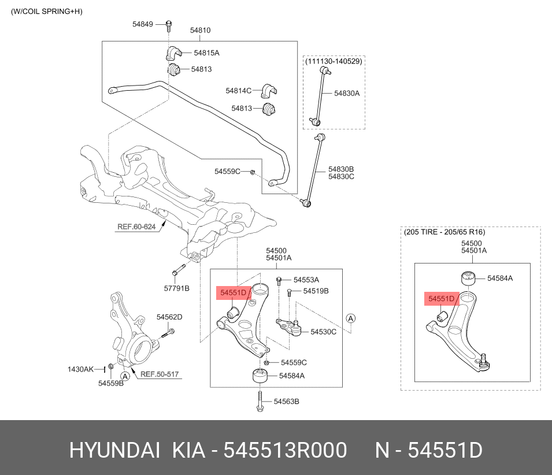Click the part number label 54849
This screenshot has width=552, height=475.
point(142,24)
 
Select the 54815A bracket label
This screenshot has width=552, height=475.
point(206,53)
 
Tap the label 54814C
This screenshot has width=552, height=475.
point(238,91)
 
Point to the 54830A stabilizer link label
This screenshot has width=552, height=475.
point(347,92)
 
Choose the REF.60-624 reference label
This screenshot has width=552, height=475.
point(136,227)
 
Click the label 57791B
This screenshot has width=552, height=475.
point(177,288)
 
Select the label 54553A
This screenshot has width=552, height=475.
point(306,279)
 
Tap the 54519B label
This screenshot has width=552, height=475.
point(316,291)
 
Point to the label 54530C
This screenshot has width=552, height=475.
point(323,332)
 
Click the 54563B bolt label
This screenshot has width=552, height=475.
point(286,401)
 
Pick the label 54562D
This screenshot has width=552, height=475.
point(169,317)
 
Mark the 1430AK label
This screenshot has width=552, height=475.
point(80,369)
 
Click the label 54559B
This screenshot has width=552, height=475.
point(110,383)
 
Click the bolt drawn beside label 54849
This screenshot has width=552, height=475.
point(169,25)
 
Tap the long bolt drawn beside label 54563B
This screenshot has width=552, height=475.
point(261,400)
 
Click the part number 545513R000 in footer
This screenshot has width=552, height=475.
point(285,450)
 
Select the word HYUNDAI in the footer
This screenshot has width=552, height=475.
point(114,450)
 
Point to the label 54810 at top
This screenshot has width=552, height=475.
point(200,30)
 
